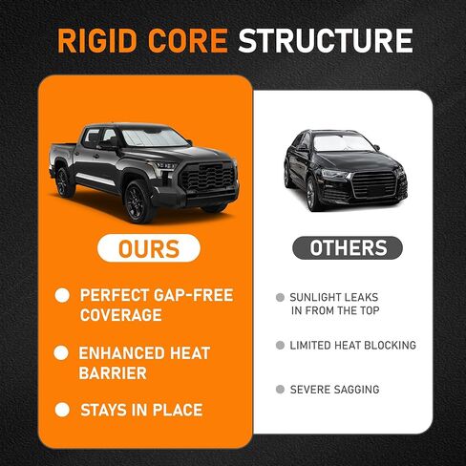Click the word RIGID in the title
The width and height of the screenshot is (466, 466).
pos(97,41)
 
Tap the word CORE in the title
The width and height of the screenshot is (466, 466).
pos(188,41)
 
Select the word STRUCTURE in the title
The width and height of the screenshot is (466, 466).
pos(326,41)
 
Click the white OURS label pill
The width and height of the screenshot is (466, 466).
pos(149,248)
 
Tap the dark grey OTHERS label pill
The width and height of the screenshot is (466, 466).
pos(348,247)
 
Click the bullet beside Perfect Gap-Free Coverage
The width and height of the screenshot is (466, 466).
pos(62,295)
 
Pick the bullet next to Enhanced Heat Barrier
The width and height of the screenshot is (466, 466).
pos(61,352)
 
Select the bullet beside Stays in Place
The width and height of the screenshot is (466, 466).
pos(62,410)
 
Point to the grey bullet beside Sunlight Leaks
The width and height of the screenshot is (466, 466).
pos(280,298)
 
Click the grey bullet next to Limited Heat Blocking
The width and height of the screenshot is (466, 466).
pos(280,345)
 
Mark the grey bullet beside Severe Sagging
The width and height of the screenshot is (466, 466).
pos(280,390)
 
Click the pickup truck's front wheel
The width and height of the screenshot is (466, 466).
pos(138,201)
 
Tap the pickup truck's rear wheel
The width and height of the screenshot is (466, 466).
pos(64,182)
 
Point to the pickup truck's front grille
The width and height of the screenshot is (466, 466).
pos(207,179)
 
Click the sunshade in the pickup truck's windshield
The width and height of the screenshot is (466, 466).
pos(154,138)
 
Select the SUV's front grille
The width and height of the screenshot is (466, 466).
pos(374,184)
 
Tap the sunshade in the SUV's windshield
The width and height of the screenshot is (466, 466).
pos(343,142)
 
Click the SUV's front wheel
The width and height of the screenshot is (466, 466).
pos(311,194)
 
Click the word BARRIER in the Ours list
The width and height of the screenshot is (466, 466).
pos(113,373)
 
